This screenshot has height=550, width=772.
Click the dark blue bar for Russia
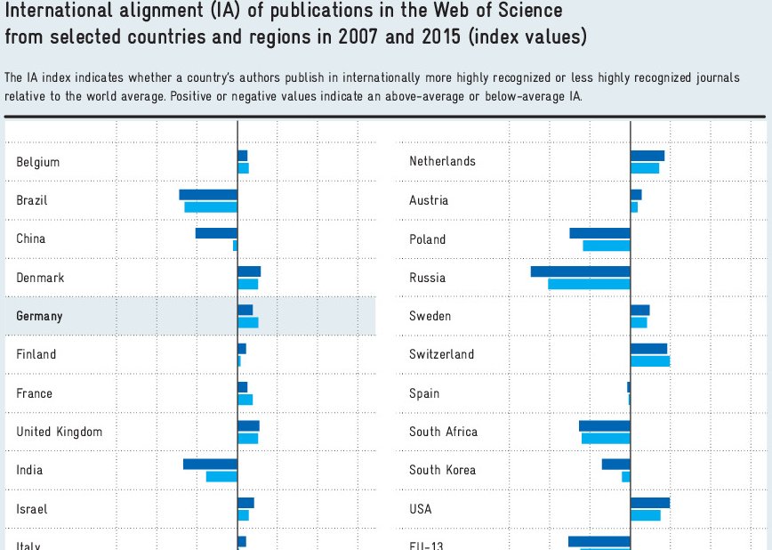[x=580, y=271]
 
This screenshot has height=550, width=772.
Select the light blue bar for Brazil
[x=211, y=207]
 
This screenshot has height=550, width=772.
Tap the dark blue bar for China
[x=216, y=233]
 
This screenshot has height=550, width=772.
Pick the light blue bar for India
[x=221, y=477]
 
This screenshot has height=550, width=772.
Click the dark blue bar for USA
[x=650, y=503]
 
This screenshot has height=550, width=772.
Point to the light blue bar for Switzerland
[x=650, y=361]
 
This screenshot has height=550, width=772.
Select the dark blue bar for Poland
[x=599, y=233]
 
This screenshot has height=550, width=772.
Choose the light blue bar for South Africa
[x=606, y=438]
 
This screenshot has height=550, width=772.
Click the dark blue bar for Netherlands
[x=647, y=156]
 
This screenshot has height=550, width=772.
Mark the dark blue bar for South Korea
[x=615, y=464]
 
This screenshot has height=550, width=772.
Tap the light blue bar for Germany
[x=248, y=322]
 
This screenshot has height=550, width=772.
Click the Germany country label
[x=39, y=316]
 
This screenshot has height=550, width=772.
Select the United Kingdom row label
[x=59, y=432]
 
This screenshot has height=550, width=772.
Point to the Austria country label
[x=429, y=200]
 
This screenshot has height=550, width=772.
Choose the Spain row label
[x=424, y=393]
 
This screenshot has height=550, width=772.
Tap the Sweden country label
[x=430, y=316]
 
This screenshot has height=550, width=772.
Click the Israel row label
[x=32, y=509]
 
